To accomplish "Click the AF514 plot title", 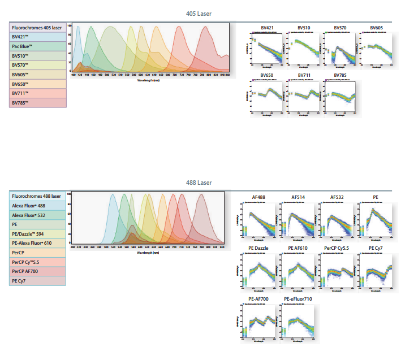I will (299, 197).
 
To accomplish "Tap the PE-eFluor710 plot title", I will (298, 299).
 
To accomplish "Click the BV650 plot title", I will (268, 75).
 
